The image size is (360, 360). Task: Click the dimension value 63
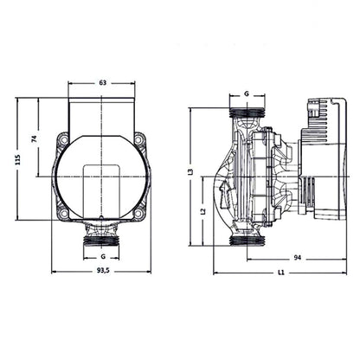click(x=103, y=82)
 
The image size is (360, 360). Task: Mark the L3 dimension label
click(x=190, y=173)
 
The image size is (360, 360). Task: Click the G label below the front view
click(x=103, y=257)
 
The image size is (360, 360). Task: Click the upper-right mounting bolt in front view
click(x=140, y=140)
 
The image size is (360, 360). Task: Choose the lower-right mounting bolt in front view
click(x=140, y=211)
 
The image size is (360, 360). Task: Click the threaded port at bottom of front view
click(x=103, y=236)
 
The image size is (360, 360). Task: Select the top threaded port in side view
click(x=247, y=112)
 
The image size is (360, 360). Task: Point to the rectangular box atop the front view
click(x=103, y=112)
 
